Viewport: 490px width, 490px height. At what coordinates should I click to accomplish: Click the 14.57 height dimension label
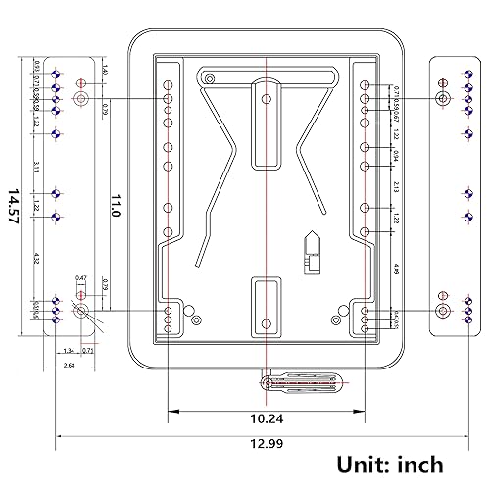tap(13, 209)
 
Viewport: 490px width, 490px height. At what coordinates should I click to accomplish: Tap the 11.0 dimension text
tap(115, 206)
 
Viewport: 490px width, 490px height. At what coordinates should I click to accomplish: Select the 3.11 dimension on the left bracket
tap(36, 167)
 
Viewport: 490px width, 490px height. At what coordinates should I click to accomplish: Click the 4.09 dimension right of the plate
tap(395, 269)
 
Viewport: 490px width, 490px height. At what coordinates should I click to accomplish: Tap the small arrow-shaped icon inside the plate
tap(312, 246)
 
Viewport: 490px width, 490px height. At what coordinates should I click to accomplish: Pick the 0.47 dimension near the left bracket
tap(81, 278)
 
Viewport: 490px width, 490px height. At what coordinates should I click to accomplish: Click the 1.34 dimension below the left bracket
tap(68, 350)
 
